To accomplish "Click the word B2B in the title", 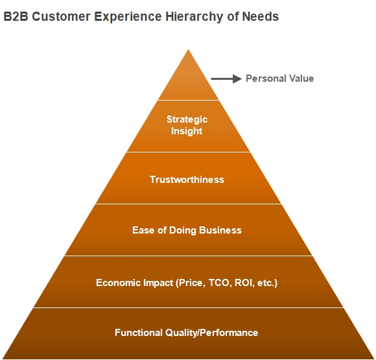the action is tap(16, 17).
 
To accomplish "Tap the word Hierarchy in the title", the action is tap(194, 17).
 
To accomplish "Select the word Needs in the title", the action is tap(260, 17).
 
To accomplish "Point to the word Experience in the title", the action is tap(128, 18).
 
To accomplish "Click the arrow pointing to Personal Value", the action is tap(226, 78).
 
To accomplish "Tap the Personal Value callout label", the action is tap(280, 78).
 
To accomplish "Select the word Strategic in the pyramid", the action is tap(187, 119).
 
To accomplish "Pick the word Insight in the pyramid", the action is tap(187, 131).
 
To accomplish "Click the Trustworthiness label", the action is tap(187, 180).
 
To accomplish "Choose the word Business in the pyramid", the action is tap(220, 230).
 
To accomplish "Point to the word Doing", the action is tap(183, 231).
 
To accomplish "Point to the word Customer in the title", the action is tap(61, 17).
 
